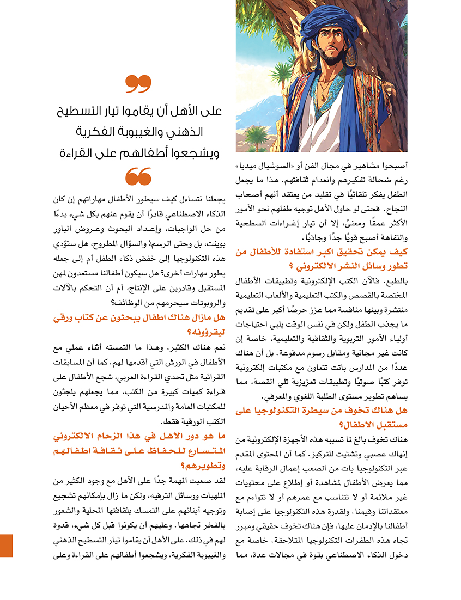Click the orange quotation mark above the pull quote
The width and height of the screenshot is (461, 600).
pos(138,84)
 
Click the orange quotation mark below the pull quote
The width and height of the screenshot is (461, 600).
pos(138,176)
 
